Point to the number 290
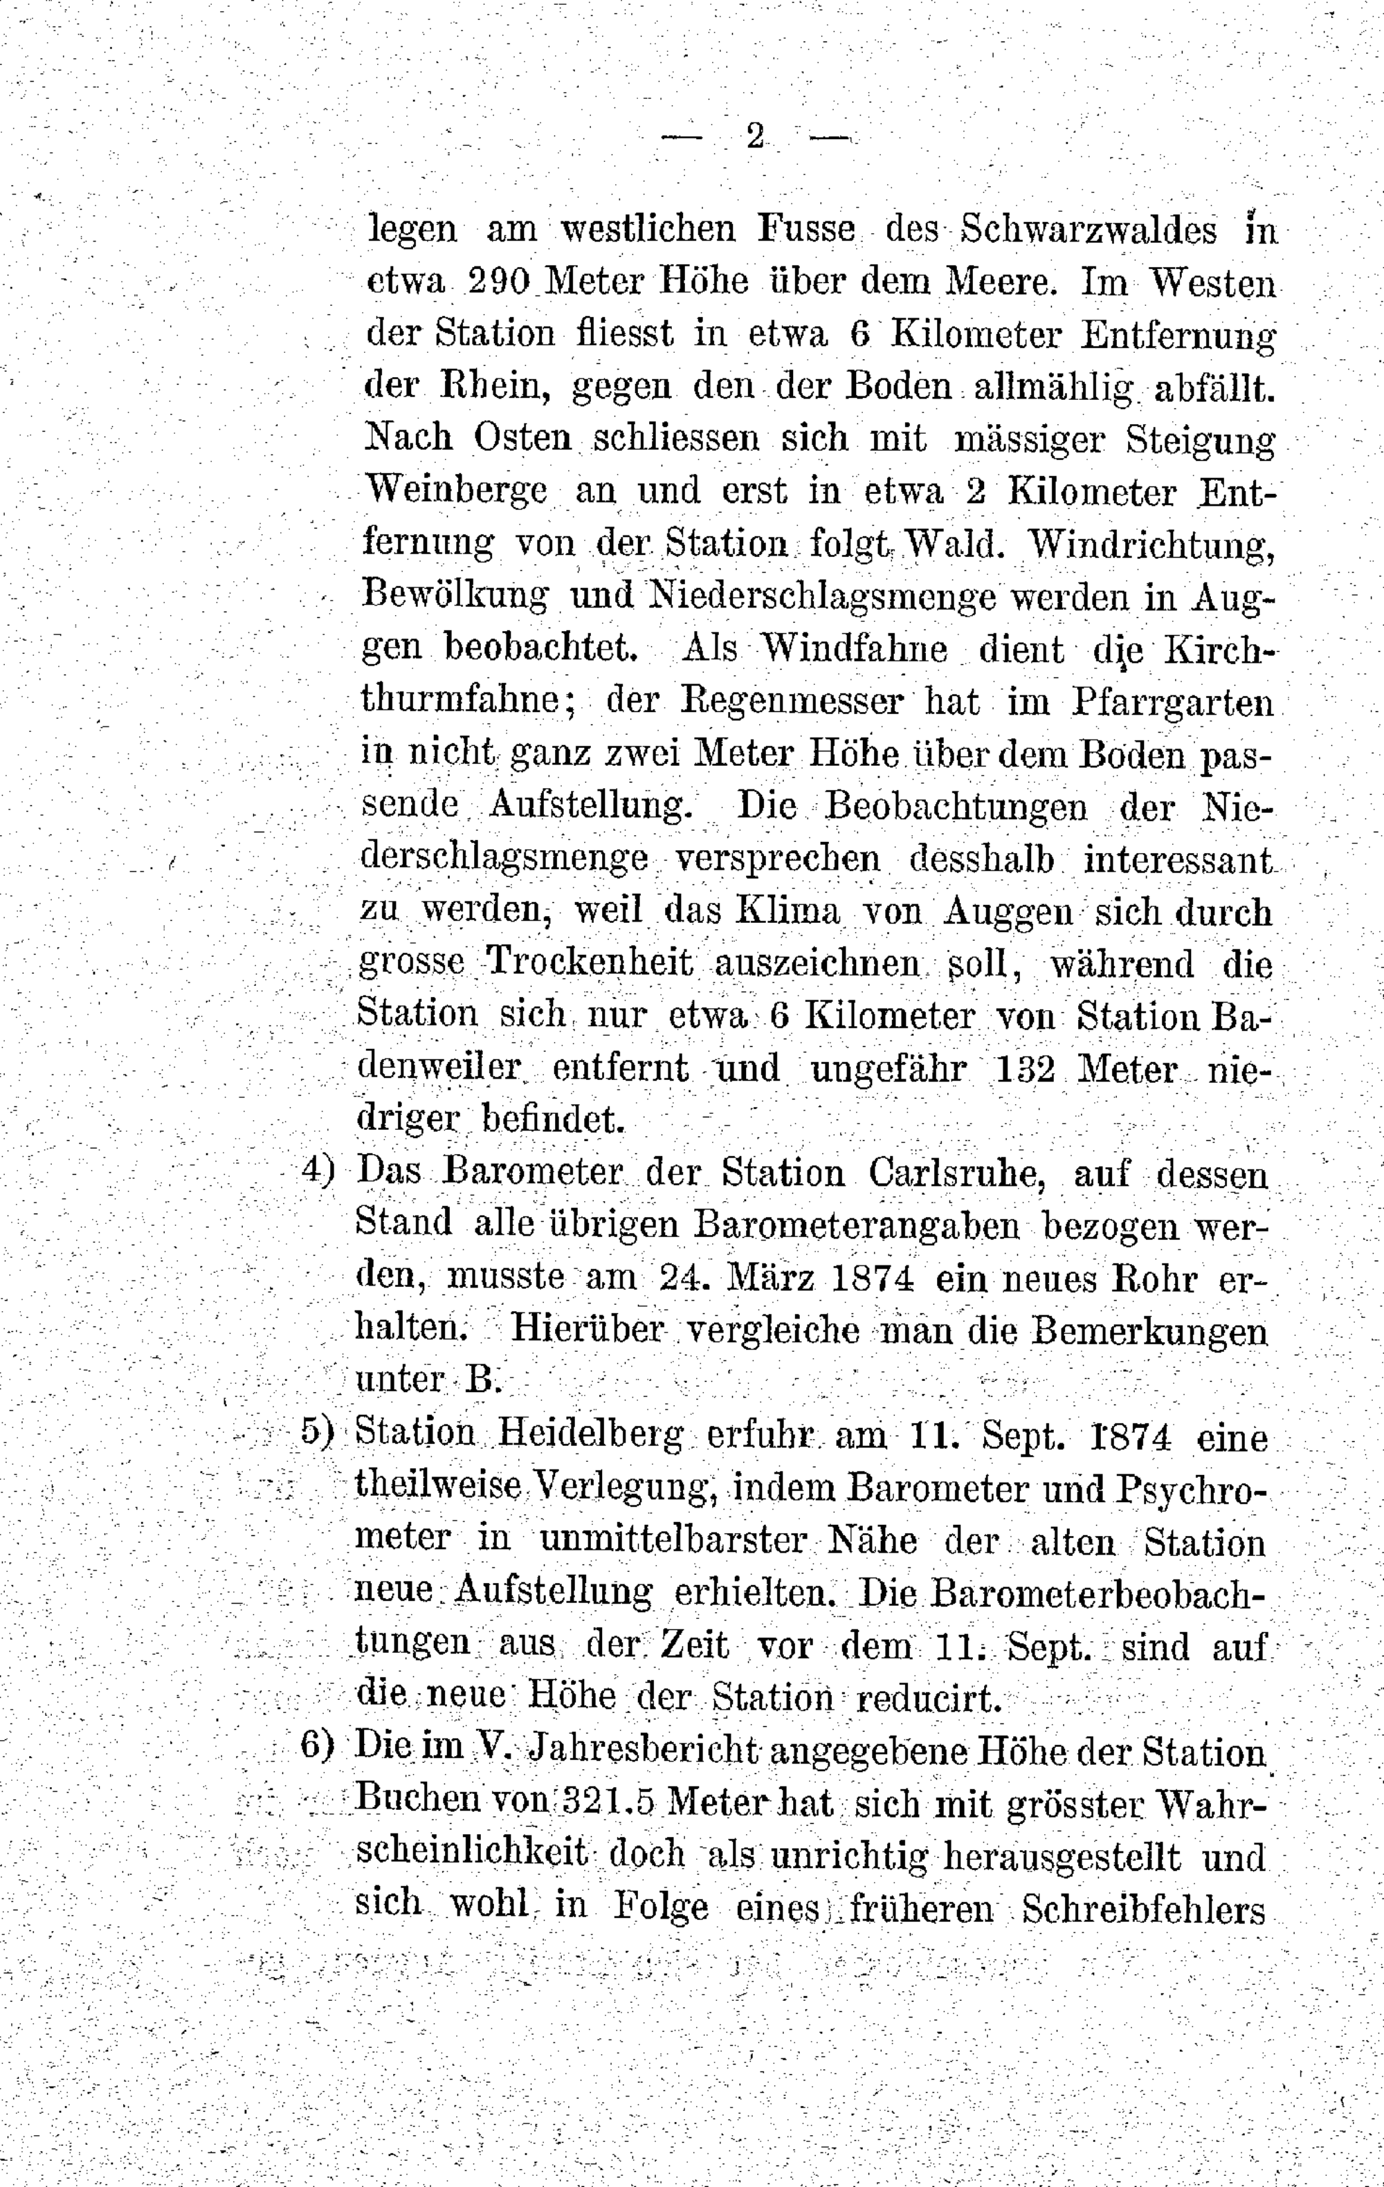[498, 282]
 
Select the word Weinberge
[456, 491]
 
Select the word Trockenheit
[590, 962]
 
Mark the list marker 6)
[318, 1746]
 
